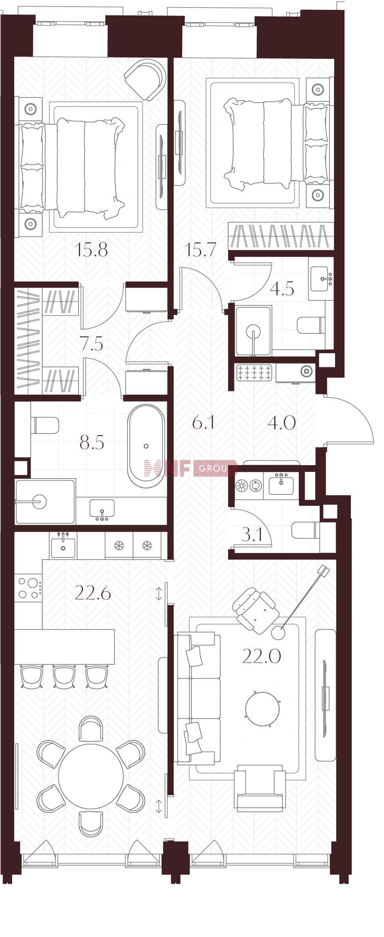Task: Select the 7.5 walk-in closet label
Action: (91, 344)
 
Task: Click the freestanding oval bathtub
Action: (146, 446)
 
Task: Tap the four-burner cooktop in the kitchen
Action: (28, 588)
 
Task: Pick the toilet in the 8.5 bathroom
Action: (45, 425)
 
